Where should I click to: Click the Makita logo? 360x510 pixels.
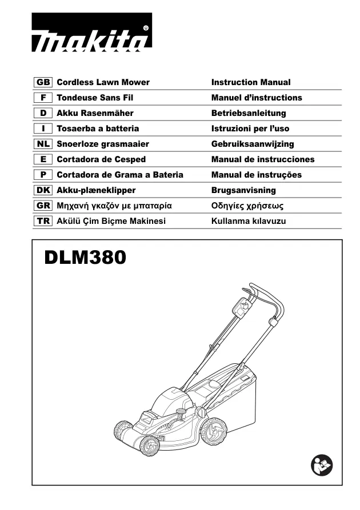92,32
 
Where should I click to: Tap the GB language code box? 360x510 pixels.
43,82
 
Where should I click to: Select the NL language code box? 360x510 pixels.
43,144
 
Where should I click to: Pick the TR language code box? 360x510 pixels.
43,221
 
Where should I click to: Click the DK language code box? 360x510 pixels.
43,190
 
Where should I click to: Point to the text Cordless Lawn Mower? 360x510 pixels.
103,82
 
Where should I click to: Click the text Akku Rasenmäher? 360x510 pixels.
95,113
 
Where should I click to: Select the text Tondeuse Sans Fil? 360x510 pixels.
95,98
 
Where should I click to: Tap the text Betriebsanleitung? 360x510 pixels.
249,113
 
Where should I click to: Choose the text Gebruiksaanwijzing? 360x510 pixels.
253,144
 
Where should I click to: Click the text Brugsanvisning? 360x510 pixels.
243,190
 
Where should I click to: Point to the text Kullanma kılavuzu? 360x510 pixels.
249,221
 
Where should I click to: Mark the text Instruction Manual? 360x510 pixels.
251,82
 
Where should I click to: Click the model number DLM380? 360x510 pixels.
85,257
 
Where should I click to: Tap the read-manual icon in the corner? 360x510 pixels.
322,465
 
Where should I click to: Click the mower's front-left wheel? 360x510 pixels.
150,445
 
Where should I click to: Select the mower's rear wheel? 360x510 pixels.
214,432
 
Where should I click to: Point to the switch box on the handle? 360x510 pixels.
242,307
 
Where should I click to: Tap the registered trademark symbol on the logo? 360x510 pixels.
146,29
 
